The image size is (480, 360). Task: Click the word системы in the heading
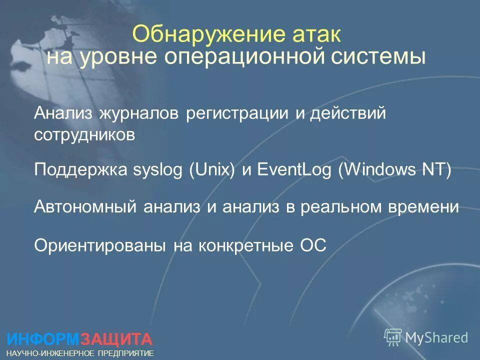click(380, 57)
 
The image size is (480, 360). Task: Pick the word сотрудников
click(85, 135)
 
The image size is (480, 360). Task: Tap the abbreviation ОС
click(312, 245)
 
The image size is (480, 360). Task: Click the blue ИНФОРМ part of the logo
click(43, 339)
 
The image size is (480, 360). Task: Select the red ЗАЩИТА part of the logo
click(116, 339)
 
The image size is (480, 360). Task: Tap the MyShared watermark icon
click(393, 337)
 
